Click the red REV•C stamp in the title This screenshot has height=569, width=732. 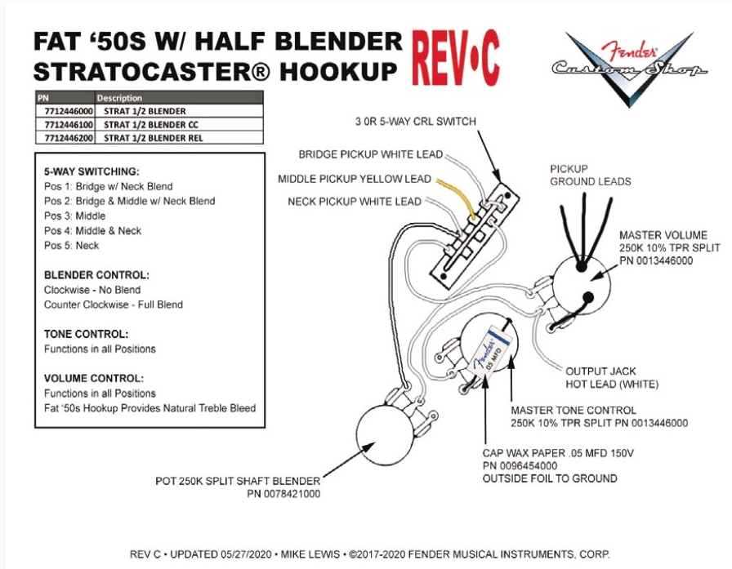456,58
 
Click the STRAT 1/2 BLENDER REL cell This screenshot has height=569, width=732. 154,138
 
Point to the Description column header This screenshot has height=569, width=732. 119,98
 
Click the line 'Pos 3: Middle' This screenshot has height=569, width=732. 74,216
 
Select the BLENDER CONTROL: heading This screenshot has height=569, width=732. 96,275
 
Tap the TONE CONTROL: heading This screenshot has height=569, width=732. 87,335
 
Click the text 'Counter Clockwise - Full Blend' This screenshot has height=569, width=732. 114,305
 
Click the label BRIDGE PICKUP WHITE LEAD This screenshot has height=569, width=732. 371,154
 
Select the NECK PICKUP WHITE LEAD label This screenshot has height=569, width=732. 355,202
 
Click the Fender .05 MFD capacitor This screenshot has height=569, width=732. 491,351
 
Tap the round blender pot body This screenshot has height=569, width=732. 385,436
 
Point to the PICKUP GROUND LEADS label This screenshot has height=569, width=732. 590,176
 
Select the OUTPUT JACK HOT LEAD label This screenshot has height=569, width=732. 612,378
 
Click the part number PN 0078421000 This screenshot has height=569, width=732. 283,494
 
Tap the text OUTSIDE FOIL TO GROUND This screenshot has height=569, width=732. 550,478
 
